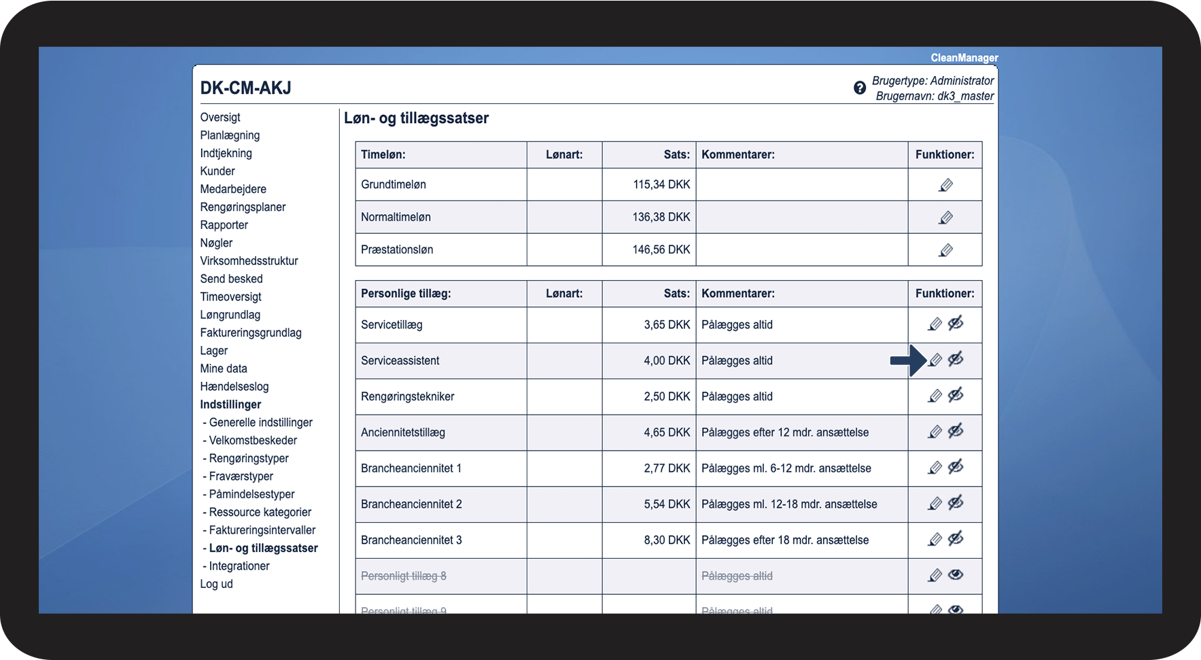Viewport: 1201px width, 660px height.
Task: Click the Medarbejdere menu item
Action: [x=233, y=189]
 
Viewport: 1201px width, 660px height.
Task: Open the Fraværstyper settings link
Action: [x=241, y=476]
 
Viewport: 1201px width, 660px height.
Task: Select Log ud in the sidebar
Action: [x=216, y=584]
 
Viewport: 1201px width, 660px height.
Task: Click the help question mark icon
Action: [x=860, y=88]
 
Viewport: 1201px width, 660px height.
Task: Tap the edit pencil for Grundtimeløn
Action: [x=945, y=185]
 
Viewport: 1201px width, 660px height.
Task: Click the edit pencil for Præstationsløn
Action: [x=945, y=250]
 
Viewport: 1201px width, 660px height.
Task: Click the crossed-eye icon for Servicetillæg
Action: [x=956, y=324]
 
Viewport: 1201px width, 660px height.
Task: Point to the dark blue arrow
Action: [x=908, y=360]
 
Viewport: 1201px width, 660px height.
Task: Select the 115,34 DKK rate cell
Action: [x=661, y=184]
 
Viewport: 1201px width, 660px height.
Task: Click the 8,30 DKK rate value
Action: [x=667, y=540]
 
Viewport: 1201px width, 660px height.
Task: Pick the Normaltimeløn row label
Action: [x=396, y=217]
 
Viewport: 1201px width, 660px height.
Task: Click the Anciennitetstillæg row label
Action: [x=403, y=432]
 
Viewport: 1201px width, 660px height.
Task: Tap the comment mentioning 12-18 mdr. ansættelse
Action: [x=789, y=504]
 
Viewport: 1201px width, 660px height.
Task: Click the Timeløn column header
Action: [x=383, y=155]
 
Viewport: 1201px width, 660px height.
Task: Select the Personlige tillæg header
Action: [x=406, y=294]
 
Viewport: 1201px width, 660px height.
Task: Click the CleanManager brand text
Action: [x=964, y=58]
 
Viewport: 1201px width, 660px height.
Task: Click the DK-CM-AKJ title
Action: [x=245, y=88]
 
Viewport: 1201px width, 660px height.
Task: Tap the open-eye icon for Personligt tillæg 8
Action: [x=956, y=575]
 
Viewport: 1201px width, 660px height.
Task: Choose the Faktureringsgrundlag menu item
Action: [x=251, y=333]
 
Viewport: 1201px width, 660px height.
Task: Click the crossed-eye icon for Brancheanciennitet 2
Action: [x=956, y=503]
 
